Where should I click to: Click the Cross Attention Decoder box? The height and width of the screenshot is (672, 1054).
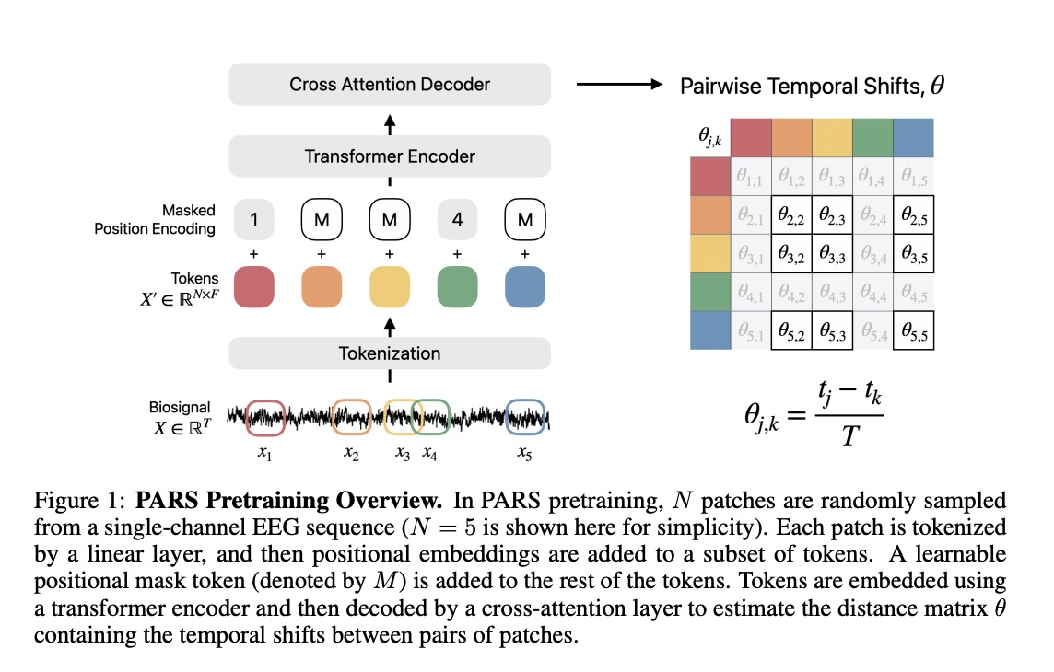coord(390,85)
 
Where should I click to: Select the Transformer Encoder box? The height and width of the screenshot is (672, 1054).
coord(390,156)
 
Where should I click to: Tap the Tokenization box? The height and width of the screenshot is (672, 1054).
coord(390,353)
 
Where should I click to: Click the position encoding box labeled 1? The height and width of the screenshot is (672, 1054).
coord(253,220)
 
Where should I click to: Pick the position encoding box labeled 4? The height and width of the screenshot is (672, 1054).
coord(457,220)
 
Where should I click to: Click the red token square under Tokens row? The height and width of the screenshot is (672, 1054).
coord(253,286)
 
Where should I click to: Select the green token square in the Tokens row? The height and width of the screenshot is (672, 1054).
coord(457,286)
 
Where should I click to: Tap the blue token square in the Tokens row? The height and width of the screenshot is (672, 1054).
coord(525,286)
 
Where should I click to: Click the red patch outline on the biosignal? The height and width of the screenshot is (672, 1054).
coord(266,417)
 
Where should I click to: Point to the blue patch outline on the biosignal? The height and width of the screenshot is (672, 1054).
coord(526,417)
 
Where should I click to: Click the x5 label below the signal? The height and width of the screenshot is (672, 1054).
coord(524,454)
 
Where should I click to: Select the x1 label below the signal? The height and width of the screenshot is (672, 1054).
coord(265,454)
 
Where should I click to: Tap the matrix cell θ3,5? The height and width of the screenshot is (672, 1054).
coord(913,254)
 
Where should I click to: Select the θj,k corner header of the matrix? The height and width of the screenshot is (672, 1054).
coord(710,138)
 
